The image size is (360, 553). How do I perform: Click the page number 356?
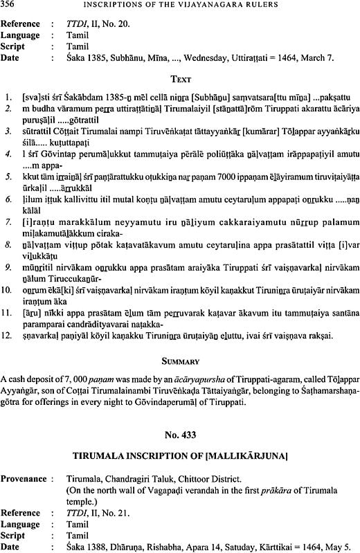10,8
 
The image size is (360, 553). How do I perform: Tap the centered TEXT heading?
179,79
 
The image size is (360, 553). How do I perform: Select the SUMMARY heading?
179,361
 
